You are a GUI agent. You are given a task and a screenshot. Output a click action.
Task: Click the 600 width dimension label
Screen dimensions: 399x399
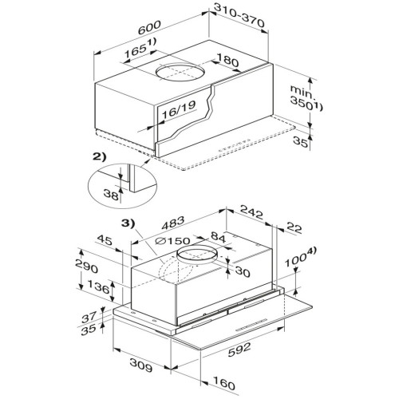click(x=149, y=28)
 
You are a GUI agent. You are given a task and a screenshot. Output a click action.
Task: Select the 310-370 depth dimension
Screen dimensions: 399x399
click(x=239, y=15)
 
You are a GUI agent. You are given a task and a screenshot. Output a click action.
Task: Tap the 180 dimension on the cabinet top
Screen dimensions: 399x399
click(x=227, y=61)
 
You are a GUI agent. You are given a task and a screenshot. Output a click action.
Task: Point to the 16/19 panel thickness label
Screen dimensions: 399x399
click(x=179, y=109)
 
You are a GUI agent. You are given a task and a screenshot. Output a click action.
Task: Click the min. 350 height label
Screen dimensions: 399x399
click(x=306, y=98)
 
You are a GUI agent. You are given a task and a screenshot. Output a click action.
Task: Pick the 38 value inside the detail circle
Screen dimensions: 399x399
click(x=111, y=194)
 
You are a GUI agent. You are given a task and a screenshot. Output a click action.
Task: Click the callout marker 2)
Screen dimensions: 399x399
click(x=99, y=157)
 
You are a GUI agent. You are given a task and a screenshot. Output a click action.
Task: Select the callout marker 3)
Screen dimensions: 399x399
click(x=128, y=223)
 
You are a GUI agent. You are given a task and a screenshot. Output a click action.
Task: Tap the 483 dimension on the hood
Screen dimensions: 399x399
click(x=173, y=223)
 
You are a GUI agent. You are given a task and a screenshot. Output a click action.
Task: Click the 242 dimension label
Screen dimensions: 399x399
click(x=251, y=212)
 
